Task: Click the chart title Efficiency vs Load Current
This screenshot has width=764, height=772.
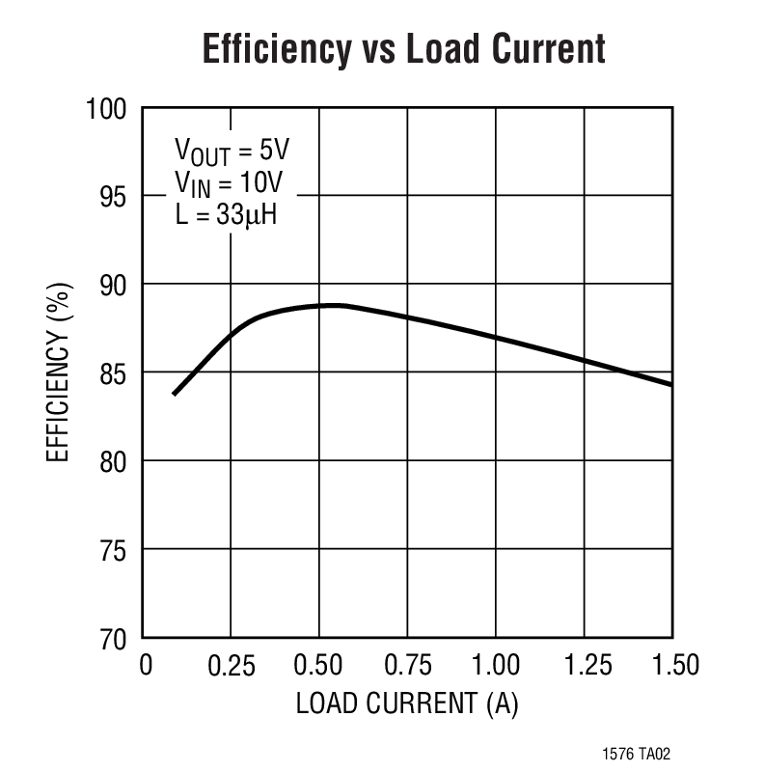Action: [x=403, y=48]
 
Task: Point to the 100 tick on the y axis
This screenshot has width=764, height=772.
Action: [x=108, y=108]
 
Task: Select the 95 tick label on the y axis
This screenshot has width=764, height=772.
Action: [x=113, y=197]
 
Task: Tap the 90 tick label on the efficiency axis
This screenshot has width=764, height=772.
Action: [x=113, y=285]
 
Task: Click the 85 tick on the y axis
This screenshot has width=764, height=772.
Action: [x=113, y=373]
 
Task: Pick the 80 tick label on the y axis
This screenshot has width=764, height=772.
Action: [x=113, y=461]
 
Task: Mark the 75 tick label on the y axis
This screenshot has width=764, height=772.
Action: [x=113, y=550]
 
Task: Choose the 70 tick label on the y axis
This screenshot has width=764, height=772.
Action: [x=113, y=639]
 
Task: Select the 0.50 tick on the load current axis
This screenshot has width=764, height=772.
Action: [x=319, y=666]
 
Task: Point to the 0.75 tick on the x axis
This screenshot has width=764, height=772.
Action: [x=407, y=666]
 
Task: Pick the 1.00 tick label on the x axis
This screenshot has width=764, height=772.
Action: [x=495, y=666]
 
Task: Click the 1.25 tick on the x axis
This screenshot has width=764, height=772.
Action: [x=583, y=666]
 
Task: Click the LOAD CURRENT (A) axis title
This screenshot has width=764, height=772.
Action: [x=407, y=703]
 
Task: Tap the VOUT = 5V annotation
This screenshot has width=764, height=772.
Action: [x=232, y=152]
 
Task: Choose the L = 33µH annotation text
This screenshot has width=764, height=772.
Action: [x=226, y=214]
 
